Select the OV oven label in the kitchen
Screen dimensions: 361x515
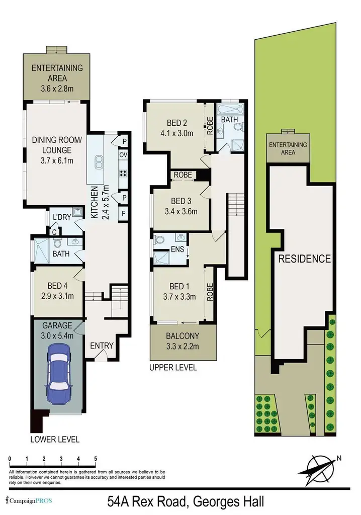tap(123, 155)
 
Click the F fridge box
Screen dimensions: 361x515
tap(124, 213)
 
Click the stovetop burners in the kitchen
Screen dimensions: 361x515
tap(123, 174)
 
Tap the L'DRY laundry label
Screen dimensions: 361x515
tap(62, 217)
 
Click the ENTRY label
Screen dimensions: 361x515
tap(102, 346)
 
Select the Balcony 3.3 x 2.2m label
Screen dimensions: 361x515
tap(183, 341)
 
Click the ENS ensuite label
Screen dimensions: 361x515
tap(177, 249)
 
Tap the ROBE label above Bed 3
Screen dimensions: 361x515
tap(183, 175)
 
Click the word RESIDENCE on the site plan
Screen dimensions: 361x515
tap(305, 259)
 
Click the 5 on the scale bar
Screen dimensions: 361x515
tap(95, 459)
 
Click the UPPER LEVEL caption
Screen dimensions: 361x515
tap(173, 368)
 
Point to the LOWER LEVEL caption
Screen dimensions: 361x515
tap(55, 439)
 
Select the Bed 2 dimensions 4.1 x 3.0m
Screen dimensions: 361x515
tap(176, 133)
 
